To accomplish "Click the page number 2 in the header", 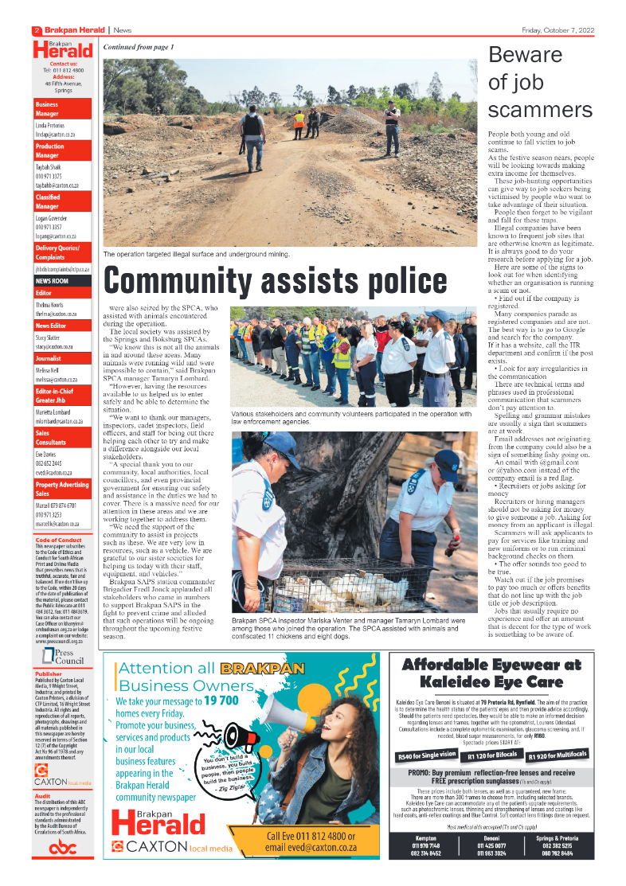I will (37, 30).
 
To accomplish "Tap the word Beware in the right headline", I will (525, 56).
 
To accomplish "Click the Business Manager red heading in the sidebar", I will (47, 109).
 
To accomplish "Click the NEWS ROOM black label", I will (52, 281).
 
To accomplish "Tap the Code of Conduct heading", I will (58, 541).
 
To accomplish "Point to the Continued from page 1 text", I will (139, 48).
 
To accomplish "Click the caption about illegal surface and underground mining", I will (196, 255).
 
